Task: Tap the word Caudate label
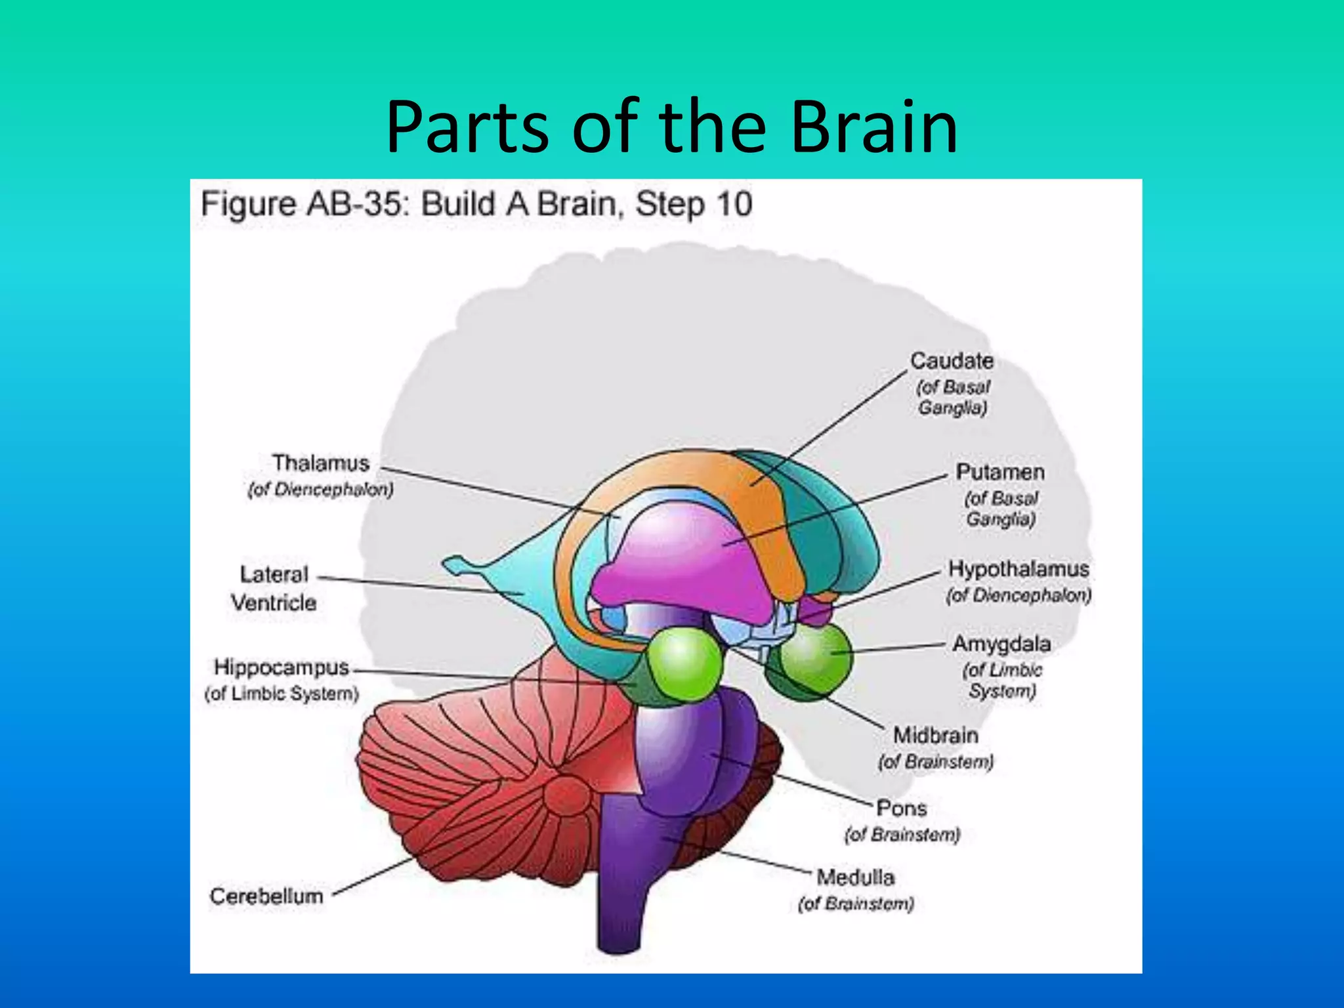952,361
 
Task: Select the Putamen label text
999,472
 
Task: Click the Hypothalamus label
1018,569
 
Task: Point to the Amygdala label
1001,644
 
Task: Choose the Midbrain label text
935,735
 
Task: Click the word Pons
901,808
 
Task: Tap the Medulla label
855,877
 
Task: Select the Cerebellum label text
266,896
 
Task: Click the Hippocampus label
282,667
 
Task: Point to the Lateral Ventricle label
274,588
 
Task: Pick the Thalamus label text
321,463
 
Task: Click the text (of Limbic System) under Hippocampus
282,694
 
